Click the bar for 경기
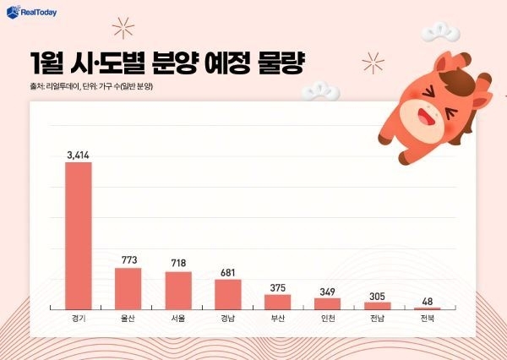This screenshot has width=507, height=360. tap(78, 236)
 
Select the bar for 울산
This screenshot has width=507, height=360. tap(128, 289)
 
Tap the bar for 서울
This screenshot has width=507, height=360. tap(177, 291)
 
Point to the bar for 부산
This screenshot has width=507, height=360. tap(277, 302)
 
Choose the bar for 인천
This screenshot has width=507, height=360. tap(327, 303)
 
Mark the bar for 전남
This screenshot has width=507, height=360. tap(377, 305)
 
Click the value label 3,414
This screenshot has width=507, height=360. tap(78, 155)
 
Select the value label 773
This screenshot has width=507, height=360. tap(128, 260)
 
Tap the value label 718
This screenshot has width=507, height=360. tap(177, 264)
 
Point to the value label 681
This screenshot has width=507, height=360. tap(227, 270)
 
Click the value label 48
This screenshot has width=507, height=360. tap(427, 301)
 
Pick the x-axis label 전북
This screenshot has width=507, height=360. tap(427, 319)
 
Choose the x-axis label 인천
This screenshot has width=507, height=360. tap(327, 319)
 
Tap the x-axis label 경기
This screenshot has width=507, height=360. tap(78, 319)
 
